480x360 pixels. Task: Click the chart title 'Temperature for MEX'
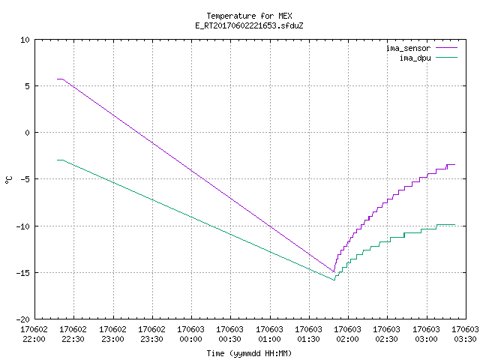click(249, 16)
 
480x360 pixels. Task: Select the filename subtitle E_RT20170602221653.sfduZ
click(249, 25)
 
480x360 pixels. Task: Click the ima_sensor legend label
click(408, 48)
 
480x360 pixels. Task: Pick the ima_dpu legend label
click(415, 58)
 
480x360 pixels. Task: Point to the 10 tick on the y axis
click(25, 40)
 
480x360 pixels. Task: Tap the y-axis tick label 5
click(27, 86)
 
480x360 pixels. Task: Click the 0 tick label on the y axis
click(27, 133)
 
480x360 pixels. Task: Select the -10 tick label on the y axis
click(23, 226)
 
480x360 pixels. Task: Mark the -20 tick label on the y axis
click(23, 319)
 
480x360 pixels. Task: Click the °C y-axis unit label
click(8, 180)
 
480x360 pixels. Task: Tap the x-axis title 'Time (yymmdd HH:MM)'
click(249, 353)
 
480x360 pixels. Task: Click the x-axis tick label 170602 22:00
click(34, 334)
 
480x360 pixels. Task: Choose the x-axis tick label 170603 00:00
click(190, 334)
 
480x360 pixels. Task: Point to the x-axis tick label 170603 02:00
click(347, 334)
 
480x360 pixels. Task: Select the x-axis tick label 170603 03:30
click(465, 334)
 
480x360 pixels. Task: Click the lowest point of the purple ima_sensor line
click(334, 271)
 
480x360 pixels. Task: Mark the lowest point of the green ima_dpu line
click(334, 280)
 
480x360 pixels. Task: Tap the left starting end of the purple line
click(57, 79)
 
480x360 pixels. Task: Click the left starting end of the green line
click(57, 160)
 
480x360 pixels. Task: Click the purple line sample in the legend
click(446, 48)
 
